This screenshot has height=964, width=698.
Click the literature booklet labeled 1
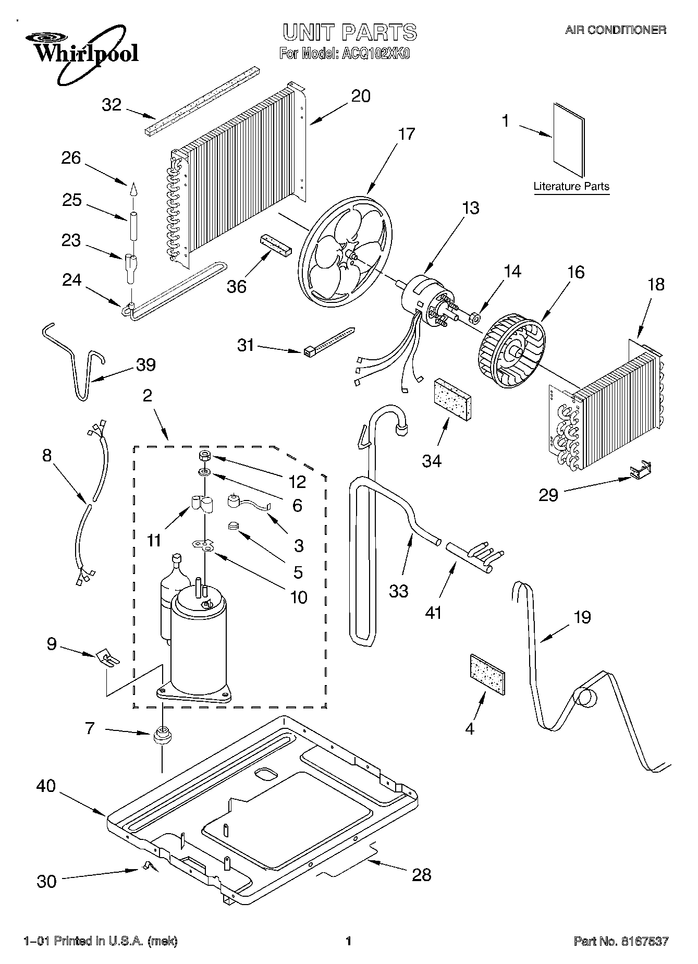[x=569, y=140]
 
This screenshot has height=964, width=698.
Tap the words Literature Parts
[x=571, y=186]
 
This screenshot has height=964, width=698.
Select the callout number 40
[x=46, y=786]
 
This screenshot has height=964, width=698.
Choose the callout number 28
[x=421, y=874]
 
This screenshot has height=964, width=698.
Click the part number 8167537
[x=644, y=941]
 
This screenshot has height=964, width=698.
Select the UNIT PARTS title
[x=350, y=32]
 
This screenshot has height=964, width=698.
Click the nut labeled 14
[x=474, y=316]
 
